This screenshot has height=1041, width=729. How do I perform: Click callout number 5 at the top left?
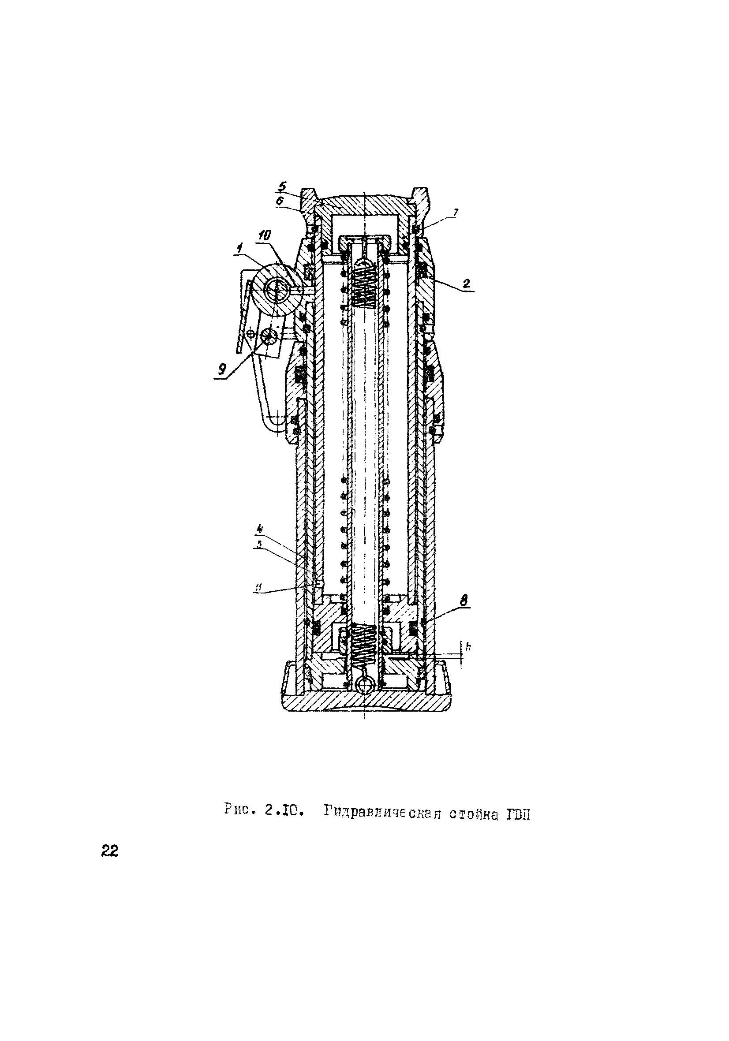tap(282, 187)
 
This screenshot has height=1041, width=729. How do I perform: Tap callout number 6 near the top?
tap(281, 200)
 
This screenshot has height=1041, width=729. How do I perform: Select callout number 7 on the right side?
tap(456, 212)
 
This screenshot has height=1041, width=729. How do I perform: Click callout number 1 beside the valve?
tap(239, 248)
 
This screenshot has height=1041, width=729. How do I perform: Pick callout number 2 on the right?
tap(466, 284)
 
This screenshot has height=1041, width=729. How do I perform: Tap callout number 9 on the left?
tap(221, 369)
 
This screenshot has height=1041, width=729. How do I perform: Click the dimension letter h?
tap(468, 648)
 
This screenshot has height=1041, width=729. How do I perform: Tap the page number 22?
tap(109, 852)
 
